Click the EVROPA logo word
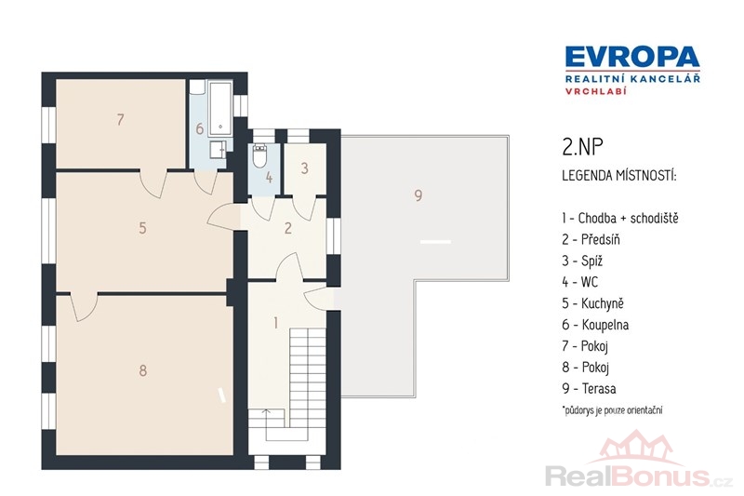click(632, 57)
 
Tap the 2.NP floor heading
click(582, 148)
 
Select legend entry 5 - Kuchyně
click(592, 303)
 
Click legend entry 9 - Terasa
click(589, 389)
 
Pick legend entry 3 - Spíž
click(582, 261)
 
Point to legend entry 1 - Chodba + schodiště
click(620, 219)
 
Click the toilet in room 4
click(259, 155)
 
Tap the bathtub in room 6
click(220, 108)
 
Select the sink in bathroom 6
click(219, 149)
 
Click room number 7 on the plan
click(121, 119)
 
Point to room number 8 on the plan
click(143, 370)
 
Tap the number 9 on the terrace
click(418, 195)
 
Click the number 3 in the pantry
click(305, 168)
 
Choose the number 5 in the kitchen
click(142, 228)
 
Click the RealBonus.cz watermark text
click(639, 476)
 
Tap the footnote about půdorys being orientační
click(612, 410)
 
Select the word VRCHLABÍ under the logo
click(595, 91)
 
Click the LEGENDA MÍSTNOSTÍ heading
click(619, 176)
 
